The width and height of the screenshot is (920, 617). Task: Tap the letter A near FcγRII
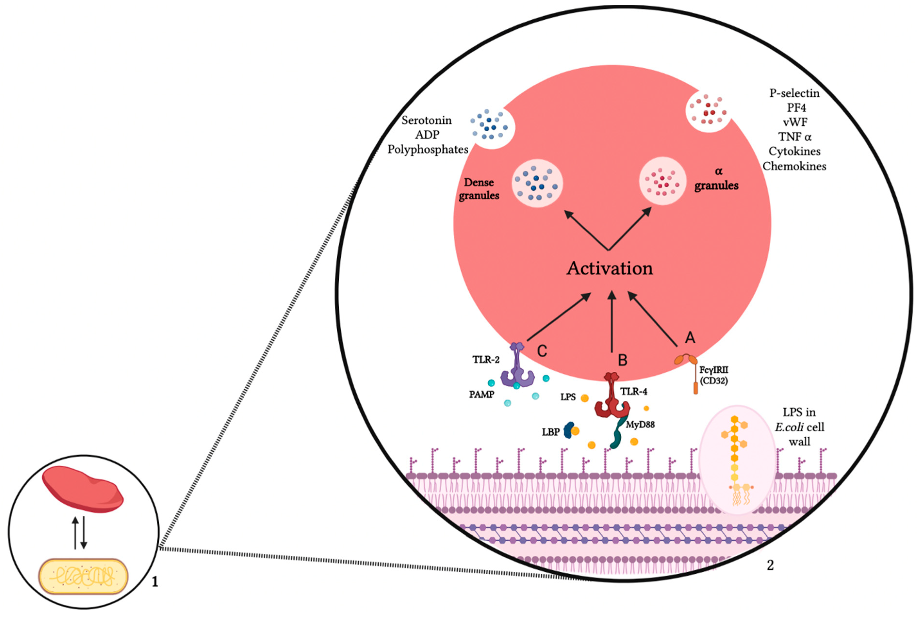690,338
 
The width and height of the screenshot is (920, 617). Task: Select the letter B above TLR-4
622,360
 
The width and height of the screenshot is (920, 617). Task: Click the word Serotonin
426,120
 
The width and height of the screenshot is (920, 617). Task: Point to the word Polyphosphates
428,150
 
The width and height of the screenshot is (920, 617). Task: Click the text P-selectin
794,93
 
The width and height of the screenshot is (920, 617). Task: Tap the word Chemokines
794,166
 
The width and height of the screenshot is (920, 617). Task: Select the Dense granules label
479,189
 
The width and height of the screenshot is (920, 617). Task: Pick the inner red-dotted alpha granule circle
663,181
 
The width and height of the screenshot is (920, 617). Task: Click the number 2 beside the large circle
770,565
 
